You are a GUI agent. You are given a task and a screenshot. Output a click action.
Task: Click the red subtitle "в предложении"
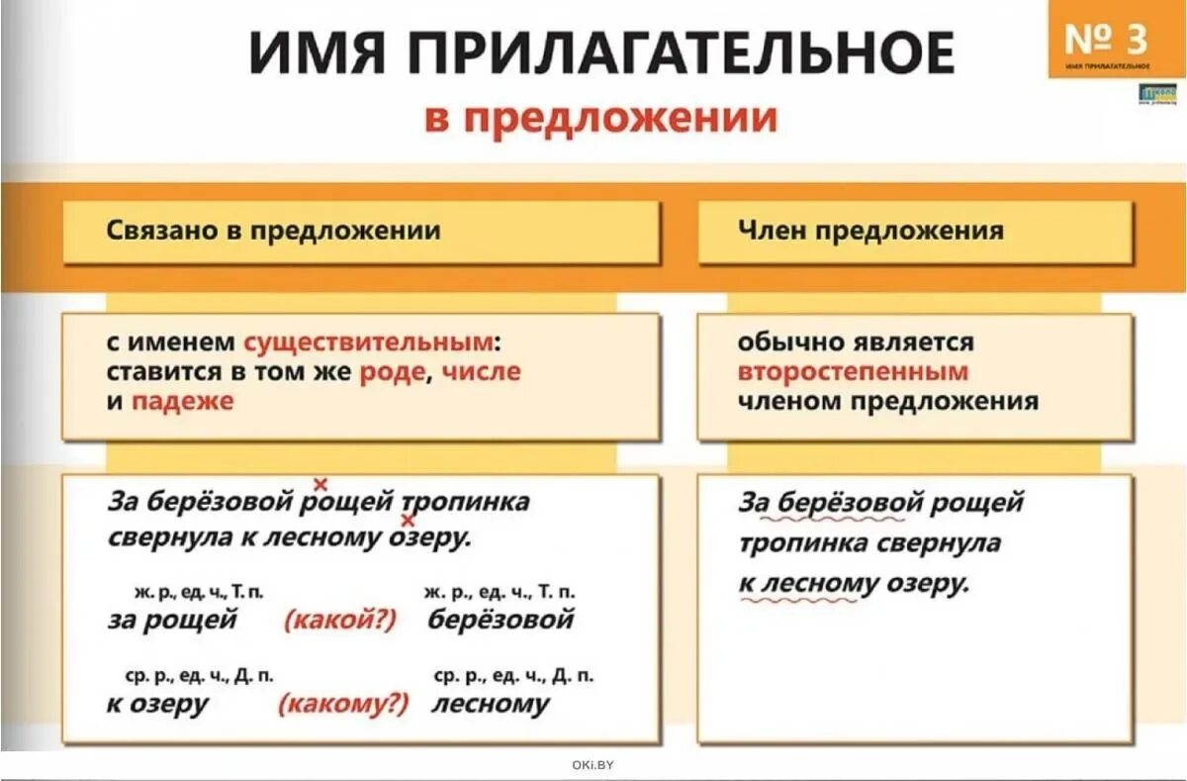pyautogui.click(x=601, y=119)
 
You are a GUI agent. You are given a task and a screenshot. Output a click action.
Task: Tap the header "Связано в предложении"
pyautogui.click(x=273, y=232)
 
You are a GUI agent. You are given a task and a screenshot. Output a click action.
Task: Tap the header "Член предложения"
pyautogui.click(x=870, y=232)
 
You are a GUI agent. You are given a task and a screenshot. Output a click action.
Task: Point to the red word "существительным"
pyautogui.click(x=368, y=342)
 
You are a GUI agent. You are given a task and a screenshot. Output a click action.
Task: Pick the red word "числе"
pyautogui.click(x=481, y=372)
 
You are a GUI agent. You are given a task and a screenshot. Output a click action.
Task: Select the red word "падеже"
pyautogui.click(x=183, y=402)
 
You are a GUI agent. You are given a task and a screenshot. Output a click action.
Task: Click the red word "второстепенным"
pyautogui.click(x=853, y=372)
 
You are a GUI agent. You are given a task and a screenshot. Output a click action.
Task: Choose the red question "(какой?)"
pyautogui.click(x=339, y=621)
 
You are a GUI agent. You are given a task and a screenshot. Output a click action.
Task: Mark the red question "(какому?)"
pyautogui.click(x=343, y=704)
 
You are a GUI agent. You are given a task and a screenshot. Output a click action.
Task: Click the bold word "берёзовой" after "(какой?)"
pyautogui.click(x=501, y=621)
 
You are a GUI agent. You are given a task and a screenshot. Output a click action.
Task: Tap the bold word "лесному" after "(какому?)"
pyautogui.click(x=490, y=704)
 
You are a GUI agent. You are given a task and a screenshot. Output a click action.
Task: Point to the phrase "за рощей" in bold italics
pyautogui.click(x=172, y=621)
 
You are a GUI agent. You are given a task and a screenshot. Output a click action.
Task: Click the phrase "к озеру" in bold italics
pyautogui.click(x=158, y=704)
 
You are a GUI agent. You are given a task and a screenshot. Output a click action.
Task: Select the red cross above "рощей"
pyautogui.click(x=320, y=484)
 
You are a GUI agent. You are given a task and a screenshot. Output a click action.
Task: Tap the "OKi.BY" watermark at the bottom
pyautogui.click(x=593, y=764)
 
